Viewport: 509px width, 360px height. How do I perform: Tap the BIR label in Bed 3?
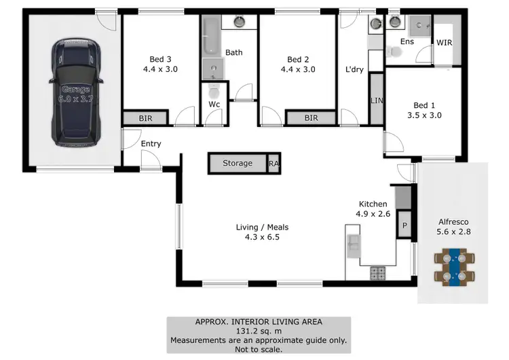point(145,118)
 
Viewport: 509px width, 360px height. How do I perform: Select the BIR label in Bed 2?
point(311,118)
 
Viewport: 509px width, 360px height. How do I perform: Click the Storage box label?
point(238,163)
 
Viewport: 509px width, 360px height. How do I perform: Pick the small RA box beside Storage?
point(274,164)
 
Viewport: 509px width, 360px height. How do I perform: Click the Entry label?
point(151,143)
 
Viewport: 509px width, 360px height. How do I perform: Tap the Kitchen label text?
point(373,204)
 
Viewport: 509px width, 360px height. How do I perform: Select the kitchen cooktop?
point(377,273)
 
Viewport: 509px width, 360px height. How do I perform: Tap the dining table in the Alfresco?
point(454,266)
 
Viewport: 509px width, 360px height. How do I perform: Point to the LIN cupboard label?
point(377,101)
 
